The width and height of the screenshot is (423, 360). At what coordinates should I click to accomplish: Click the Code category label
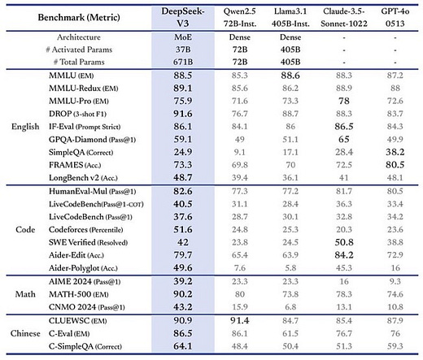(x=24, y=230)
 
